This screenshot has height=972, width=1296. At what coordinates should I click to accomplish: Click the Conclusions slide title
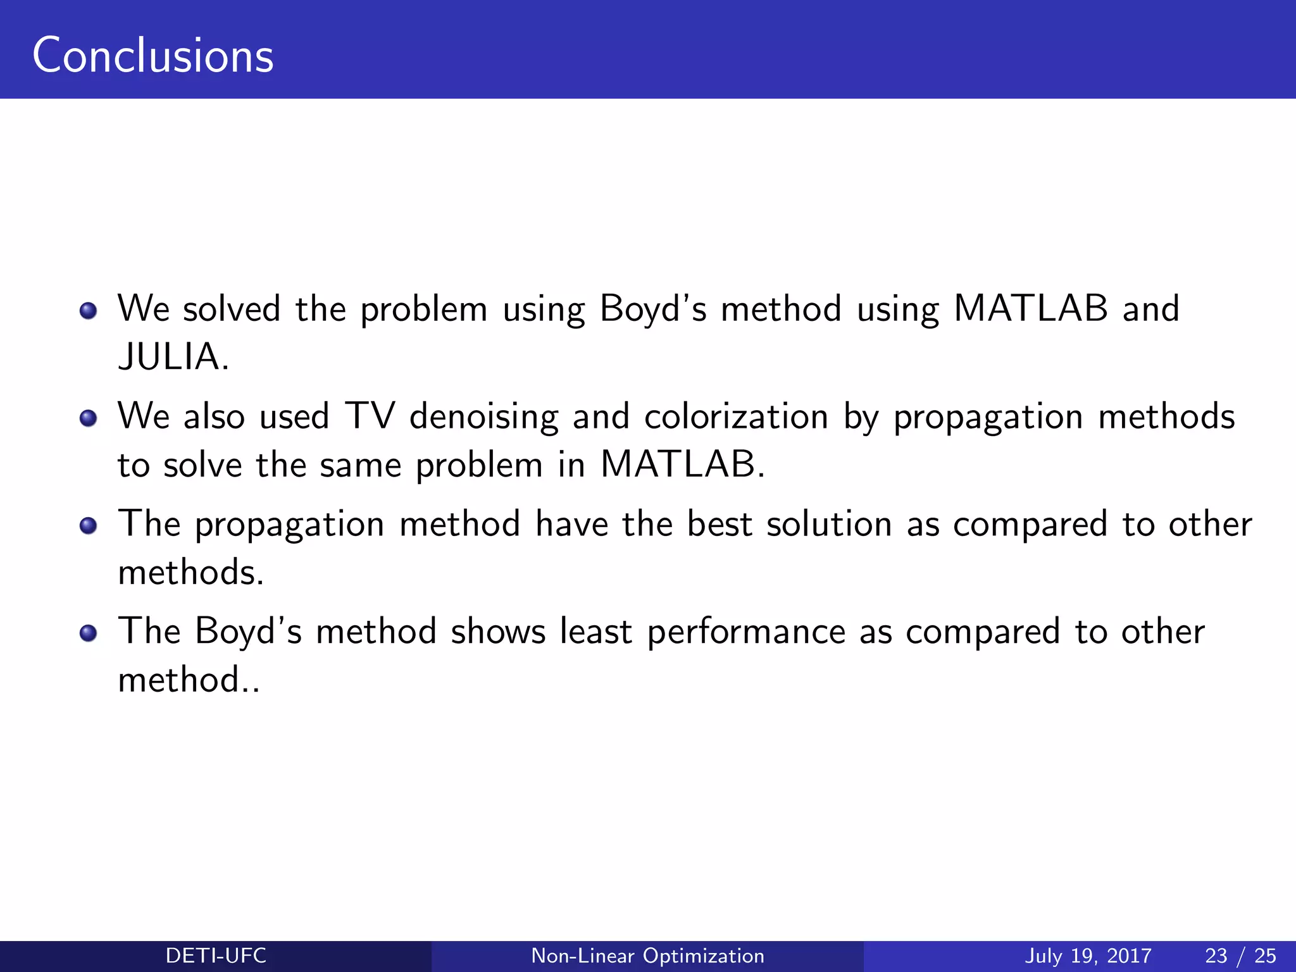pos(153,56)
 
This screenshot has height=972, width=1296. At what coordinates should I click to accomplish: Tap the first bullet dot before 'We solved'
pos(89,311)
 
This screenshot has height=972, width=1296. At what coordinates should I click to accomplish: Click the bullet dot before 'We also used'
pos(89,418)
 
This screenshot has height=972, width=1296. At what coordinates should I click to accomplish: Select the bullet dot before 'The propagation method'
pos(89,526)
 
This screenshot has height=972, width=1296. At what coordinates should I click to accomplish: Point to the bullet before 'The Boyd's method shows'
pos(89,633)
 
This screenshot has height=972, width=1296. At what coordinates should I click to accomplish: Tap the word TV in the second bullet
pos(370,416)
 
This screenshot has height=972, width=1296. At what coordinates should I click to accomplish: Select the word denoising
pos(483,418)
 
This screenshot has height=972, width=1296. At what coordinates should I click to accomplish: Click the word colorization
pos(736,416)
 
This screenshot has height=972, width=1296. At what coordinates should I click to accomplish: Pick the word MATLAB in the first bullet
pos(1030,309)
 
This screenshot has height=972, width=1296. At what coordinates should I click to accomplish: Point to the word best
pos(720,524)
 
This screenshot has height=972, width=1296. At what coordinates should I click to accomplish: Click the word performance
pos(746,633)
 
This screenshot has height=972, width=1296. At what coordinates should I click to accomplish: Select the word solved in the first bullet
pos(232,309)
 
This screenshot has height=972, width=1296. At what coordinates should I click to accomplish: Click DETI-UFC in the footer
pos(216,956)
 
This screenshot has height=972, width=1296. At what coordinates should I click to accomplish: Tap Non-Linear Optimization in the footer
pos(647,956)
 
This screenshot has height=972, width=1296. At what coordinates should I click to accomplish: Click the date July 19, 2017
pos(1088,956)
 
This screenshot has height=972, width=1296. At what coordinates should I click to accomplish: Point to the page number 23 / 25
pos(1240,956)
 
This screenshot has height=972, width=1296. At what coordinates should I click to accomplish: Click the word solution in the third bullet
pos(829,524)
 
